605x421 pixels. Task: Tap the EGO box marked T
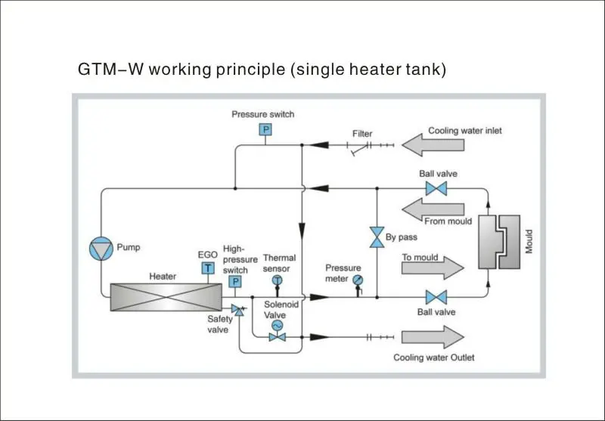(x=207, y=267)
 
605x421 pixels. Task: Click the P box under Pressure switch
(x=265, y=130)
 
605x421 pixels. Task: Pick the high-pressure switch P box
(x=234, y=282)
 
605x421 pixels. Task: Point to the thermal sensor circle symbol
(x=277, y=280)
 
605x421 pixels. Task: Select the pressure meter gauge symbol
(x=357, y=280)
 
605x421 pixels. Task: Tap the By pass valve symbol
(x=375, y=237)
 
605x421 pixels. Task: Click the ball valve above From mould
(x=436, y=188)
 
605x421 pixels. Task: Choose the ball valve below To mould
(x=436, y=296)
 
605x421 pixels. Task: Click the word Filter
(x=362, y=134)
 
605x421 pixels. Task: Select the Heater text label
(x=163, y=277)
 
